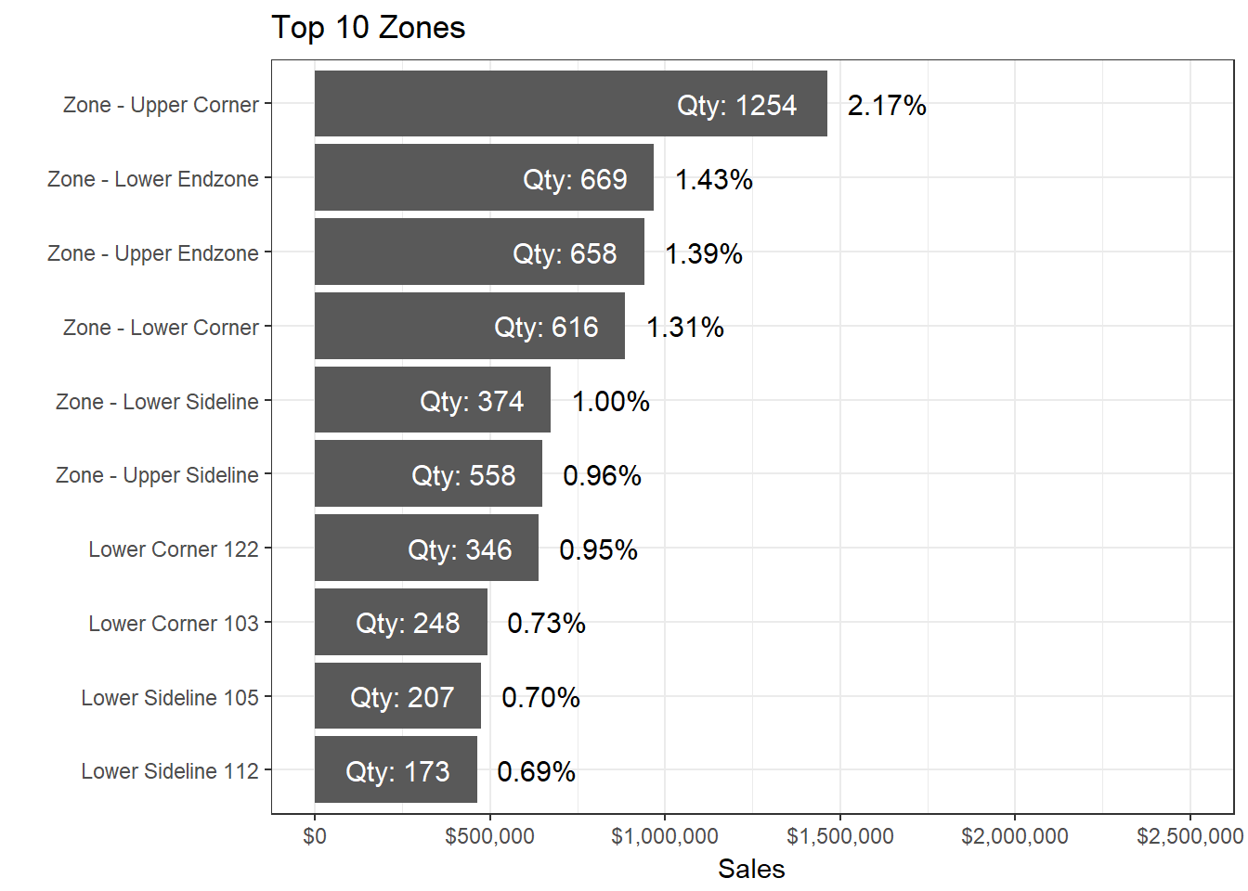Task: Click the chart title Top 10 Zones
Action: [368, 28]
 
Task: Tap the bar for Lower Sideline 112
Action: [396, 770]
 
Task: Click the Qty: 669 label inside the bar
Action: [575, 179]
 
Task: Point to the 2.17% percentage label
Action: [887, 105]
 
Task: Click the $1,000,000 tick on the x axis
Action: [665, 836]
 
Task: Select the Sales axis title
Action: [751, 870]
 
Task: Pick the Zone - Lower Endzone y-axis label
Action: [153, 179]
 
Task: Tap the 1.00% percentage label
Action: [611, 401]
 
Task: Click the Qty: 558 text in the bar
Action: [463, 475]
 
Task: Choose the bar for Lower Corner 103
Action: [400, 622]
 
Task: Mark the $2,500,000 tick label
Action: [1189, 836]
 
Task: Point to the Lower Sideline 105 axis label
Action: [170, 698]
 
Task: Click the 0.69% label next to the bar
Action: [536, 771]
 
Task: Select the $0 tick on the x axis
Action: [315, 836]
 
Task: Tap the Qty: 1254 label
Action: [736, 105]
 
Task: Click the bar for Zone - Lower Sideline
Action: [432, 400]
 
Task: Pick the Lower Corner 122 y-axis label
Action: [174, 549]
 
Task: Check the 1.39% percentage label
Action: [704, 253]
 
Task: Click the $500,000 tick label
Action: [489, 836]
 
